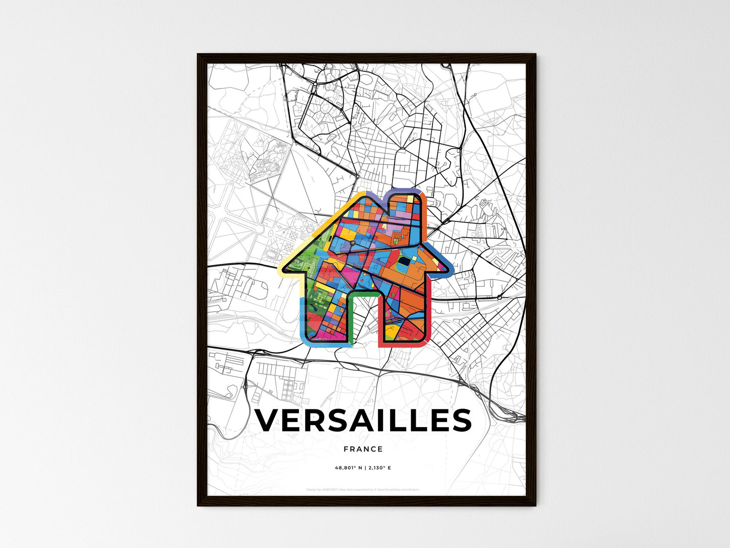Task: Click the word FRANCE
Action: pos(363,449)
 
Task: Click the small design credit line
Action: pos(363,489)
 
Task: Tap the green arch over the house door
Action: pos(364,294)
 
